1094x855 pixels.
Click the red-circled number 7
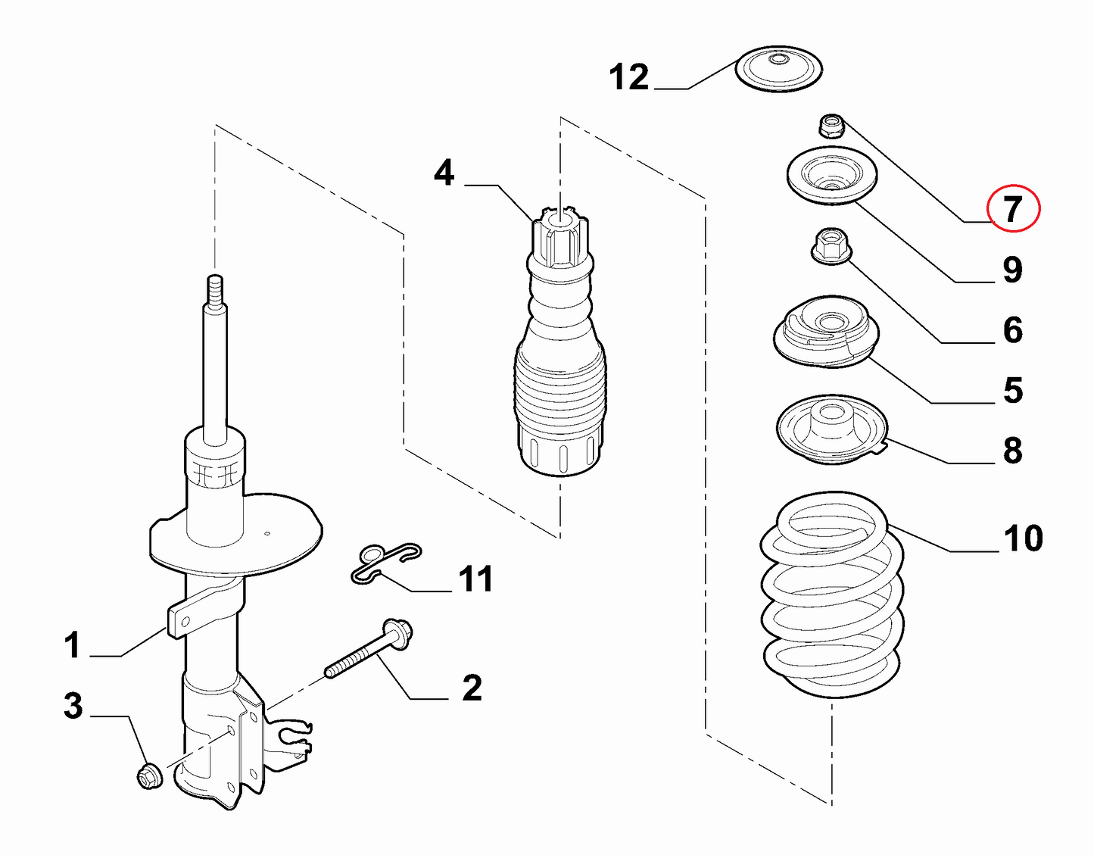click(1014, 208)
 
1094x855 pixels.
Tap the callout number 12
click(629, 77)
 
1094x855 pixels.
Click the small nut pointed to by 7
click(831, 125)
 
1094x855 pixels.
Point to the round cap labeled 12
click(779, 69)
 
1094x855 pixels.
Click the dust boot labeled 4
click(560, 364)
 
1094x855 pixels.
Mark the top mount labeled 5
click(824, 332)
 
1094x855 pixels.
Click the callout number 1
click(72, 646)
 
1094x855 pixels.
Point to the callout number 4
click(444, 173)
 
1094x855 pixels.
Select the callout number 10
click(1023, 538)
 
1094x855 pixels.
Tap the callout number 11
click(475, 579)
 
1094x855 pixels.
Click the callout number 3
click(73, 706)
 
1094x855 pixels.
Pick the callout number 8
click(1013, 451)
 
